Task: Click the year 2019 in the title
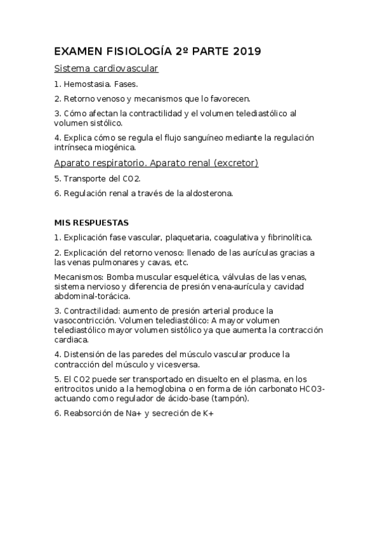coord(246,51)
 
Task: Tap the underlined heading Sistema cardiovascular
coord(107,68)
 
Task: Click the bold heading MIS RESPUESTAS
coord(92,223)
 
